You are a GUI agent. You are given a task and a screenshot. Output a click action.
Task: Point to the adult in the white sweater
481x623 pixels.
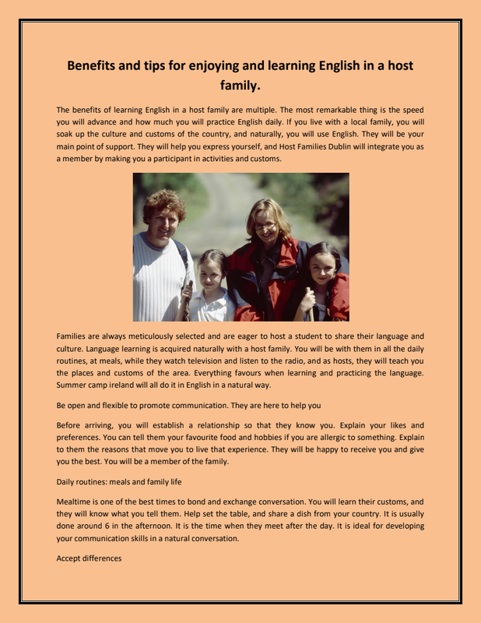click(x=161, y=265)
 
